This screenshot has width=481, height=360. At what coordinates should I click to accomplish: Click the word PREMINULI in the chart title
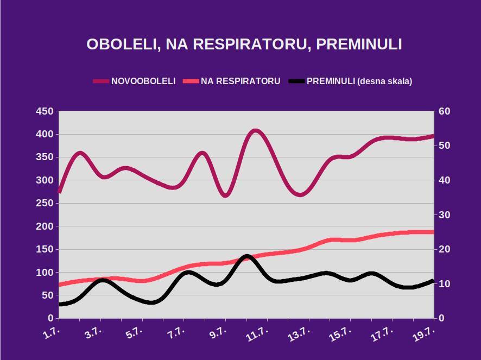point(359,45)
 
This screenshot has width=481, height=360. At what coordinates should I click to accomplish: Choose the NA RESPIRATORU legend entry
point(240,81)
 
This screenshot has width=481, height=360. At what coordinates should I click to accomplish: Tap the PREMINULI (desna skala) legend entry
point(359,81)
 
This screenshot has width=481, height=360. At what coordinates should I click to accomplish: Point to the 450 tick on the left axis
point(45,111)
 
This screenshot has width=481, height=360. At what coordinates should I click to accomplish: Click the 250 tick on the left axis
point(45,204)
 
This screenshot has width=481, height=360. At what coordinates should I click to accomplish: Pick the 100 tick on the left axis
point(45,273)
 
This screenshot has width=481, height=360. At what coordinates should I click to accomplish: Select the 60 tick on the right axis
point(445,111)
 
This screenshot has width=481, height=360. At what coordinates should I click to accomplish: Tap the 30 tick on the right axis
point(445,215)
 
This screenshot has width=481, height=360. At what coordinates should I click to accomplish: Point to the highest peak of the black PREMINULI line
point(246,256)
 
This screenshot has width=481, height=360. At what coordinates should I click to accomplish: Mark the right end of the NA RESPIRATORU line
point(433,232)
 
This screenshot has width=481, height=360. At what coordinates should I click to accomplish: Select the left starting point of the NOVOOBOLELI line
point(59,192)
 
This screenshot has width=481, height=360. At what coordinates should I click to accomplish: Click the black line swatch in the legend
point(296,81)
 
